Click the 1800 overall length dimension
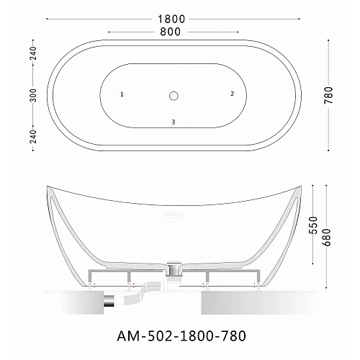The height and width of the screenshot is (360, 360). pos(174,18)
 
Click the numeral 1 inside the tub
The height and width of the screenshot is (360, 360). pos(122,94)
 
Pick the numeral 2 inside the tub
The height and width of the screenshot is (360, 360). pos(232,94)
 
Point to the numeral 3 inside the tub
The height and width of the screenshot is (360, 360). pos(174,121)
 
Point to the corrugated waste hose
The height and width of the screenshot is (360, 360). pos(144,292)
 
